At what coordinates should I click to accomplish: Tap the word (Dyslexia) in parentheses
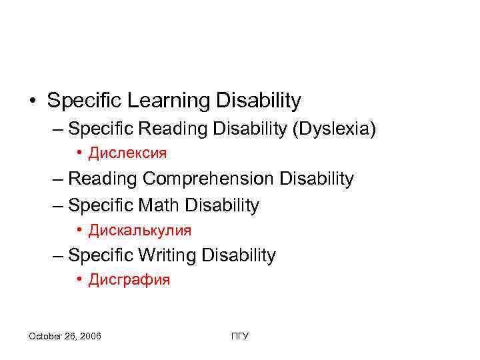(x=334, y=128)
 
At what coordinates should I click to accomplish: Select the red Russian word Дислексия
(x=128, y=153)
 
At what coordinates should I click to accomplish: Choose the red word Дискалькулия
(x=140, y=231)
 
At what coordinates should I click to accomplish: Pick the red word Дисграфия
(x=130, y=280)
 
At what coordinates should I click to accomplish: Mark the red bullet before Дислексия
(x=79, y=153)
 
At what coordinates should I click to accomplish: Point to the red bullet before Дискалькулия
(x=79, y=231)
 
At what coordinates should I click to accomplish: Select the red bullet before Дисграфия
(x=79, y=280)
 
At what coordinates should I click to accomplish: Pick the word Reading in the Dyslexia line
(x=176, y=128)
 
